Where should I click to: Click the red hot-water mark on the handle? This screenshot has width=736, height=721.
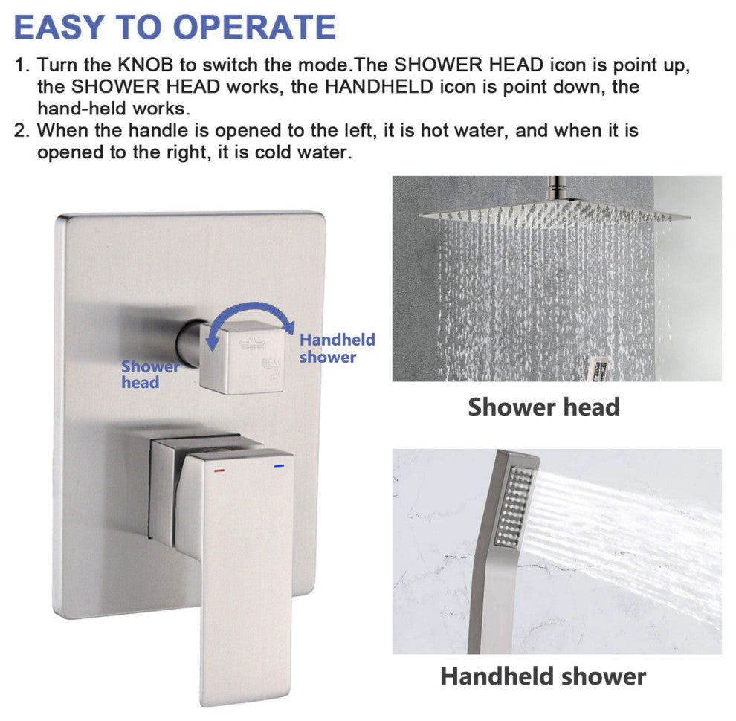(x=219, y=470)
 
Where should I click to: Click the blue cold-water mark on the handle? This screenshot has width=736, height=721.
(x=280, y=466)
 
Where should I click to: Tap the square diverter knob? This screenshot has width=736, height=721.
(x=243, y=358)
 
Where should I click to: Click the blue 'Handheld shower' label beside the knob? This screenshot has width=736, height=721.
(x=338, y=348)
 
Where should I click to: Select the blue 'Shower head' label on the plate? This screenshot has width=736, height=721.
(x=149, y=375)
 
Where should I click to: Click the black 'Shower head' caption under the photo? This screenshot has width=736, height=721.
(x=543, y=407)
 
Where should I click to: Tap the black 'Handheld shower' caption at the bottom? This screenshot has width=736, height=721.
(x=543, y=676)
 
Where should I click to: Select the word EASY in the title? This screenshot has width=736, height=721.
(x=59, y=28)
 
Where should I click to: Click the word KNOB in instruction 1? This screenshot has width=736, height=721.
(x=145, y=65)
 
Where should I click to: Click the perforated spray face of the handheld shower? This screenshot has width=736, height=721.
(x=514, y=507)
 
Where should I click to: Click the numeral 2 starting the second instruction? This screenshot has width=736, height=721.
(x=19, y=131)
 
